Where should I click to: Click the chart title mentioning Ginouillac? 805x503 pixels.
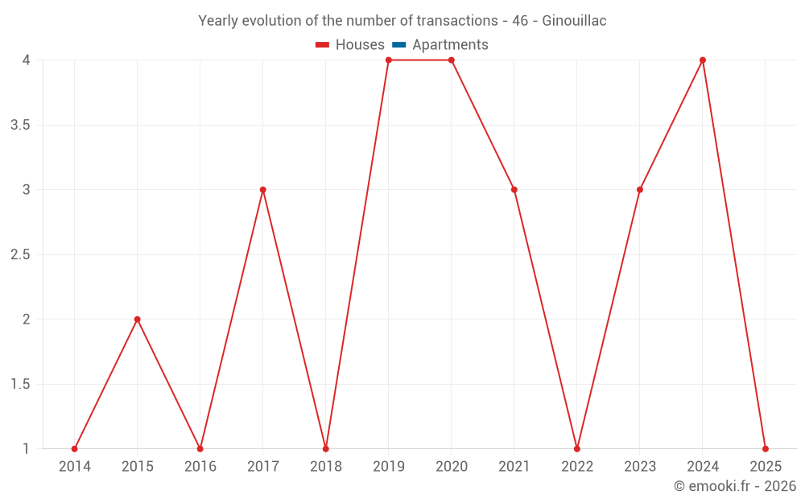(x=402, y=20)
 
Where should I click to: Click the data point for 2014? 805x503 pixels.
(x=75, y=449)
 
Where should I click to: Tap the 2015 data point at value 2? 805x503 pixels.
(x=138, y=320)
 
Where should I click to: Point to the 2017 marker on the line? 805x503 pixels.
(x=263, y=190)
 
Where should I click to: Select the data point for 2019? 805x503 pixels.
(x=389, y=60)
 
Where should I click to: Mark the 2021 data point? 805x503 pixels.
(x=514, y=190)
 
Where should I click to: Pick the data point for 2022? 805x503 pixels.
(x=577, y=449)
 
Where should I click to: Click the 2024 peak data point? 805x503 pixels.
(x=703, y=60)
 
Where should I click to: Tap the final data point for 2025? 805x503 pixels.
(x=766, y=449)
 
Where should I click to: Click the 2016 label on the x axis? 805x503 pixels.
(x=200, y=467)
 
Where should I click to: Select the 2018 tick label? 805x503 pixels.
(x=326, y=467)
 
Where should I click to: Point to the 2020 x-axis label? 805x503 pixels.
(x=452, y=467)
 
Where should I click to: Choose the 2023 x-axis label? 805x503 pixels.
(x=640, y=467)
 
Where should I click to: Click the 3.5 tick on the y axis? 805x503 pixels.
(x=21, y=126)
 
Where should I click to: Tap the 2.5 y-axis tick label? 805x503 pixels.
(x=21, y=255)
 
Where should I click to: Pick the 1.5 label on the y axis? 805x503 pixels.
(x=21, y=385)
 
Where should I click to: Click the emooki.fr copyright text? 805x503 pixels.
(x=735, y=486)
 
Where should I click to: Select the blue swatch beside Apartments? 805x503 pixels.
(x=399, y=45)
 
